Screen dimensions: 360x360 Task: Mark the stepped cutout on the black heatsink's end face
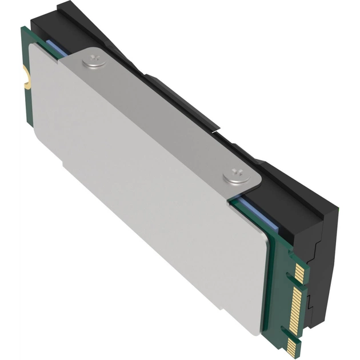[x=318, y=251]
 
